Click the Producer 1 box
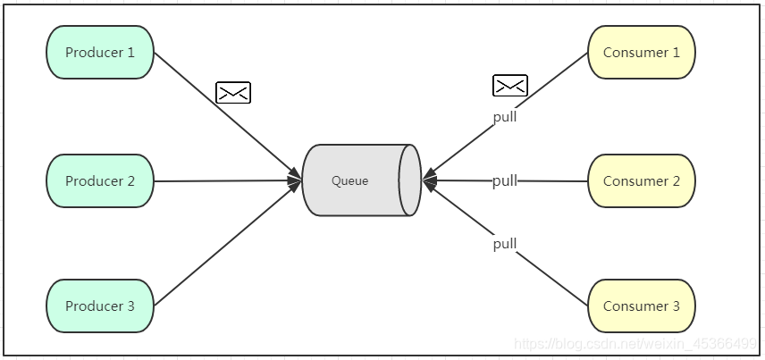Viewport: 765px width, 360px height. click(100, 52)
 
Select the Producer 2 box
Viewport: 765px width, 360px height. click(100, 180)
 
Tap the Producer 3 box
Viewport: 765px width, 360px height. click(100, 306)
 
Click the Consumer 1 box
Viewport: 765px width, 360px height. click(641, 52)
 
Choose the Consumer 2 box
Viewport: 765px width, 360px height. click(641, 180)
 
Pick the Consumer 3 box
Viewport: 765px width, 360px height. click(641, 306)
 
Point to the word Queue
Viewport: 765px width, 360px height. click(349, 180)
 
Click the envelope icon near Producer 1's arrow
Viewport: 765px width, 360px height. click(233, 92)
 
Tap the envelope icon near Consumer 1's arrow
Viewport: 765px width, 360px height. click(510, 86)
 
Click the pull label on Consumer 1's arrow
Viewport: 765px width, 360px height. click(505, 116)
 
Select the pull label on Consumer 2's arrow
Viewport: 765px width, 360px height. click(505, 180)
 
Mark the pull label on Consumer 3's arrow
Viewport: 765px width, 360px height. click(505, 243)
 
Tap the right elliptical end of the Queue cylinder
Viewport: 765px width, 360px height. click(410, 180)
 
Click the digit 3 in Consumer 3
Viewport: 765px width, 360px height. click(676, 306)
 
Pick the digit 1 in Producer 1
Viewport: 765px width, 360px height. click(130, 52)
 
